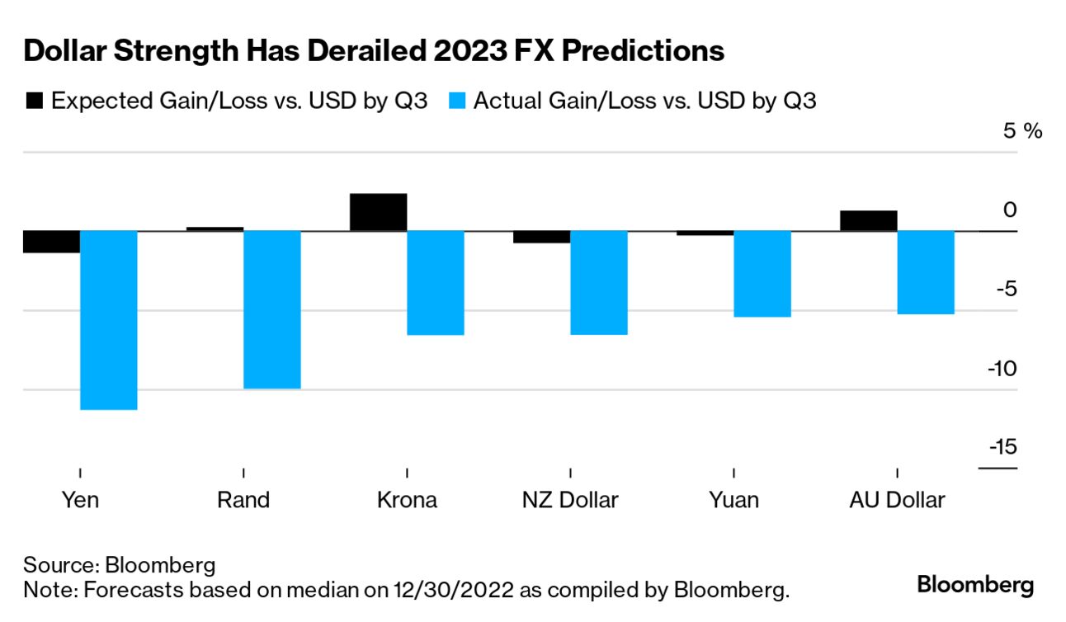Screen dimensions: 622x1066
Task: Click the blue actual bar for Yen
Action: point(109,319)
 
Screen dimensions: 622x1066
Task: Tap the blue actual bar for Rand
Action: point(272,309)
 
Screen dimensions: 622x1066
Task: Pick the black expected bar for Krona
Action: point(379,212)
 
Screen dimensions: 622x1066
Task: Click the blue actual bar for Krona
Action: point(436,282)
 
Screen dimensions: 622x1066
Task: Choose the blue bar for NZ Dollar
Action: point(599,282)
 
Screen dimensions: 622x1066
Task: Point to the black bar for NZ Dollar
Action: point(541,237)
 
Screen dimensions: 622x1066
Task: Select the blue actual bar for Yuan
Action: point(762,273)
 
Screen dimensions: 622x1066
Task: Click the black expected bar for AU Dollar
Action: point(868,220)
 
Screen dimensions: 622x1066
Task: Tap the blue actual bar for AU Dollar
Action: point(926,272)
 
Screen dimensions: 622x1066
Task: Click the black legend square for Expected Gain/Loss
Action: point(35,101)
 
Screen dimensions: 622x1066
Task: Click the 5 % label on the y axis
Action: point(1022,131)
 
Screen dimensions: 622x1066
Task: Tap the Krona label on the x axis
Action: point(407,500)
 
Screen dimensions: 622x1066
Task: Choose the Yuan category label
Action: point(733,500)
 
